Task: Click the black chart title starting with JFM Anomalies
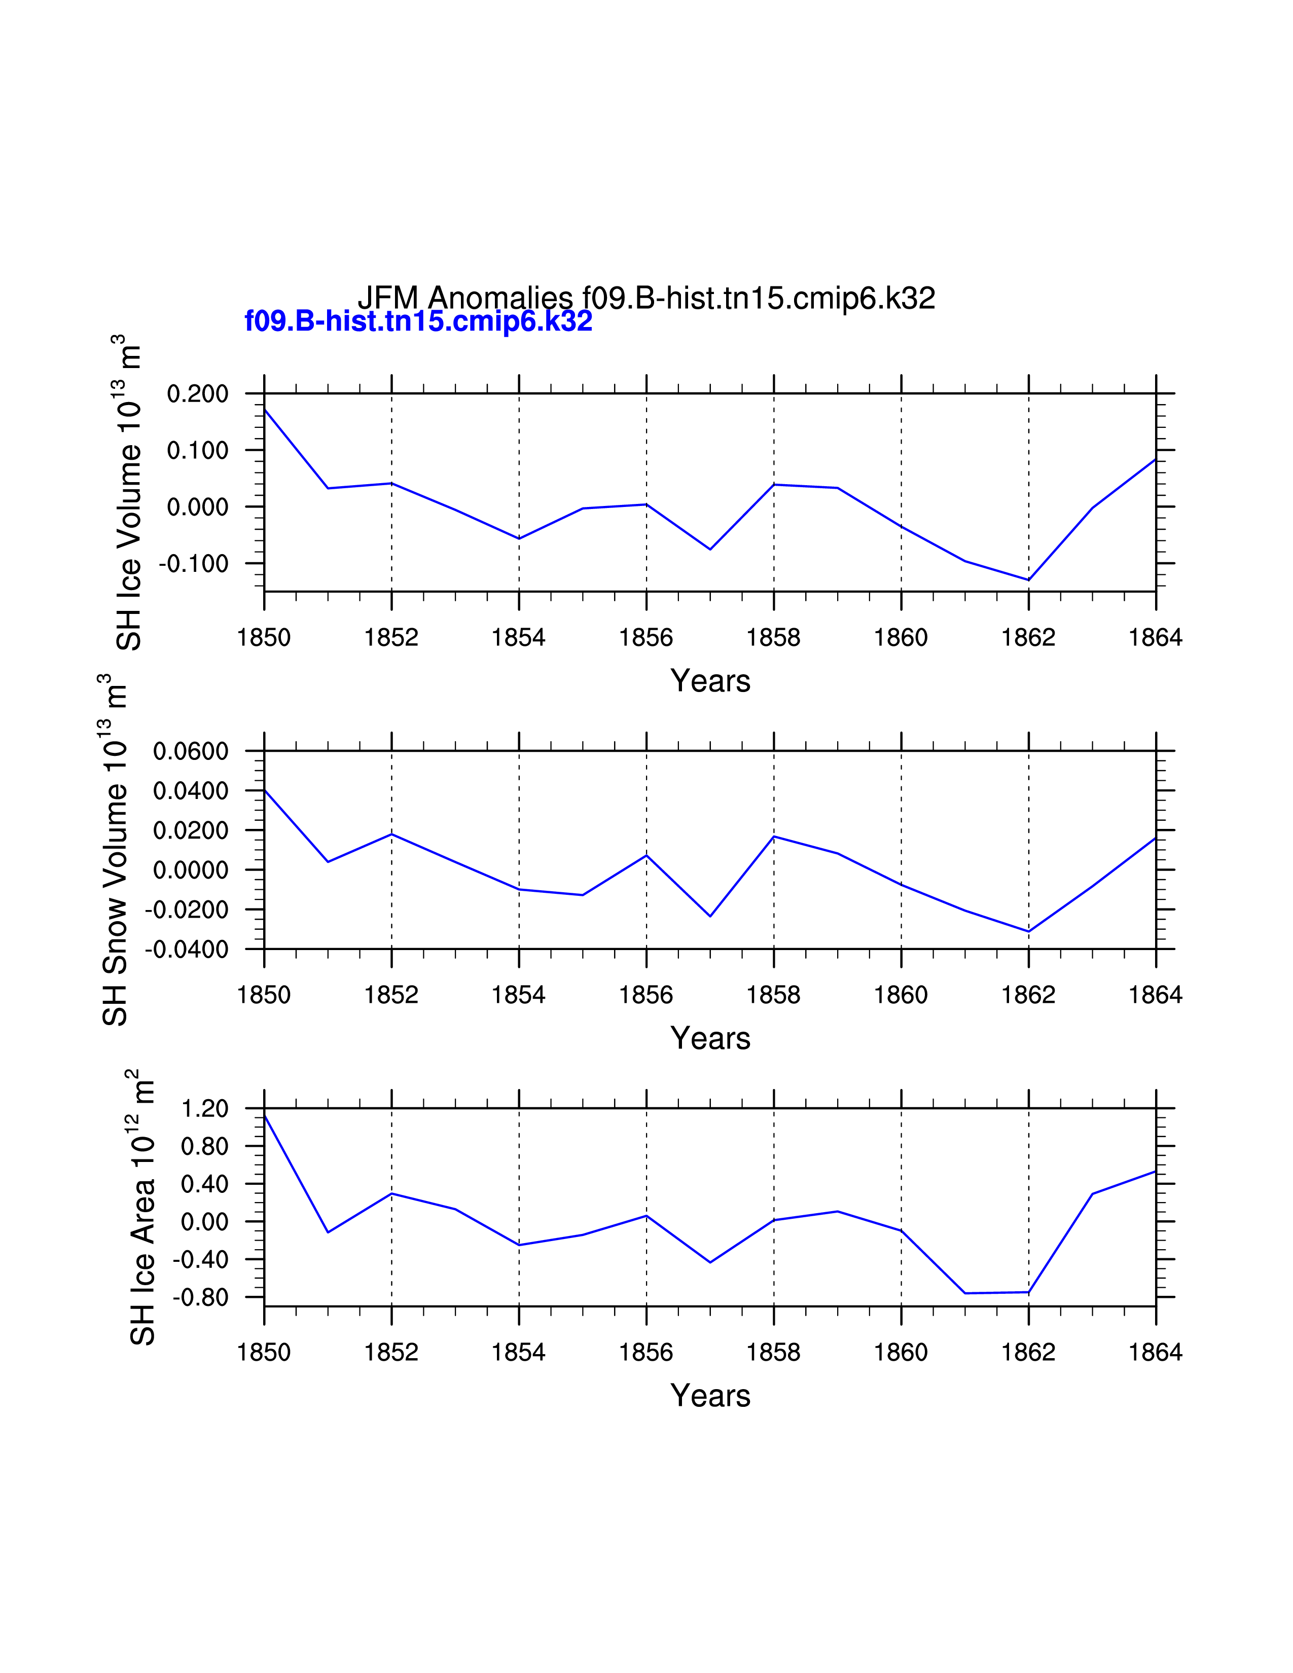point(645,298)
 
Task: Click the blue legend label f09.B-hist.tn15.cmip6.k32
point(418,321)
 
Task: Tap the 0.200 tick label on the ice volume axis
point(198,394)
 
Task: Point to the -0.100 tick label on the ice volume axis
point(194,564)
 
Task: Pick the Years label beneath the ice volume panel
point(710,680)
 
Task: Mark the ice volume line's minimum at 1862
point(1028,580)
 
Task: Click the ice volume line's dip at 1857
point(710,549)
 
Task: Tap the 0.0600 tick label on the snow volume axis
point(191,751)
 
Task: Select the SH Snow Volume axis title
point(115,850)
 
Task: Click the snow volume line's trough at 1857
point(710,916)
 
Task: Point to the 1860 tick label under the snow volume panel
point(901,995)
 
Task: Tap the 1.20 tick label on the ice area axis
point(204,1108)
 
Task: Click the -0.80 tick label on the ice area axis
point(201,1298)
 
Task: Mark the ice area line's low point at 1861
point(965,1293)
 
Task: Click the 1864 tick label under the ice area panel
point(1155,1352)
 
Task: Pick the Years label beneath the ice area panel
point(710,1396)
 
